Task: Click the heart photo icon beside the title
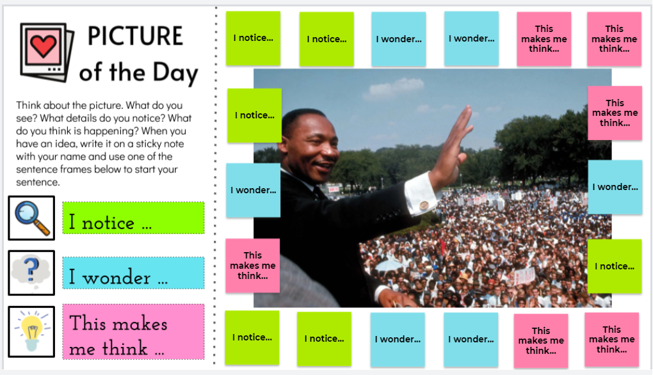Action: pos(47,52)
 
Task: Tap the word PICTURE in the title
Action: pos(135,36)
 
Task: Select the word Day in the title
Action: pos(175,73)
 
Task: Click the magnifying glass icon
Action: pos(31,218)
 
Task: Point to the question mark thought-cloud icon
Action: pos(31,272)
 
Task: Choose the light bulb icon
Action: pos(31,331)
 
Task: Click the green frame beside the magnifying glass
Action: pos(133,218)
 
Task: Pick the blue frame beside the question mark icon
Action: pos(133,273)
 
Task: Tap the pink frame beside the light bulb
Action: pos(133,331)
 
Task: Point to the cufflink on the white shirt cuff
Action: pos(424,205)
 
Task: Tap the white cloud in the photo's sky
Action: pos(394,88)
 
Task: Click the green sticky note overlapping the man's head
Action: pos(254,115)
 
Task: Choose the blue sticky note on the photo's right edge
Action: pos(615,187)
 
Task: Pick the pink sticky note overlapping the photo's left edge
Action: pos(253,266)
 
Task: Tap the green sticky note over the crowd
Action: pos(615,266)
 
